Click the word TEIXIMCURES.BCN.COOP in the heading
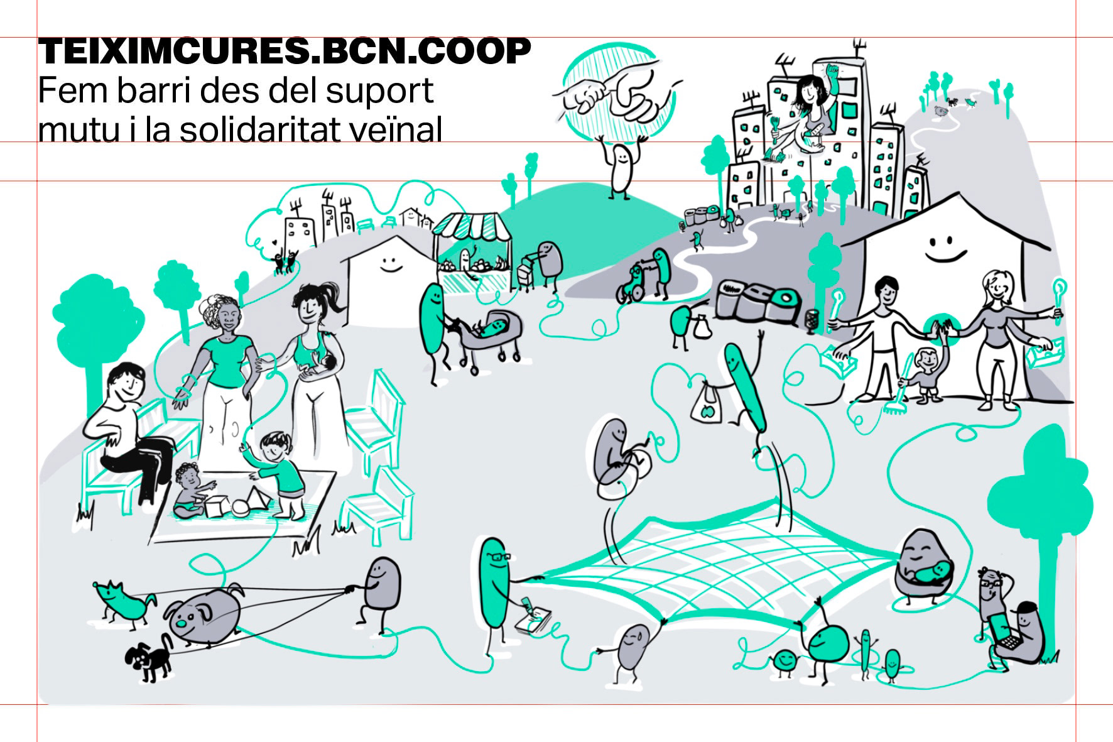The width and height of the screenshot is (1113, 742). (x=284, y=52)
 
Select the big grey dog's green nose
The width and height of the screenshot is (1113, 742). (x=181, y=625)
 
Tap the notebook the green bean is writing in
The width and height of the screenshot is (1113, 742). (x=531, y=621)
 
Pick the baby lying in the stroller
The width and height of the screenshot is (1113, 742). (x=491, y=327)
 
